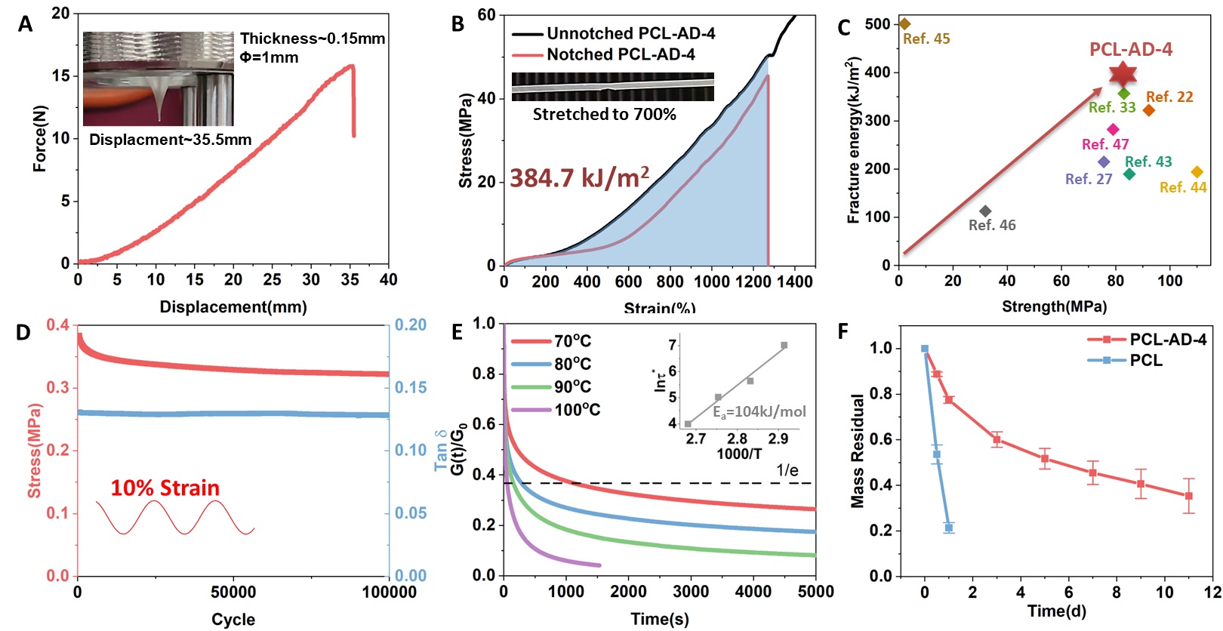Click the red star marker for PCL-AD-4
(1123, 74)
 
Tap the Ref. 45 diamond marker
(905, 24)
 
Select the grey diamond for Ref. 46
(985, 211)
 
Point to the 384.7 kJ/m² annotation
(579, 178)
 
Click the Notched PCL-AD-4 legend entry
(620, 54)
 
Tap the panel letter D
(23, 333)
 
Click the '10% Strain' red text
(165, 488)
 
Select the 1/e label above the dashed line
(787, 471)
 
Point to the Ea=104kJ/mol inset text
(759, 412)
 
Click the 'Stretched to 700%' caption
(604, 115)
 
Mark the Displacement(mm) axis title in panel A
(233, 307)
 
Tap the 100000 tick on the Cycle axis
(389, 593)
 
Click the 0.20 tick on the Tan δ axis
(410, 325)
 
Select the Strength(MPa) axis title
(1054, 306)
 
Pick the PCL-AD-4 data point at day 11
(1189, 496)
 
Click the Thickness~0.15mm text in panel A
(313, 38)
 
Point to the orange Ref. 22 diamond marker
(1149, 110)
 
